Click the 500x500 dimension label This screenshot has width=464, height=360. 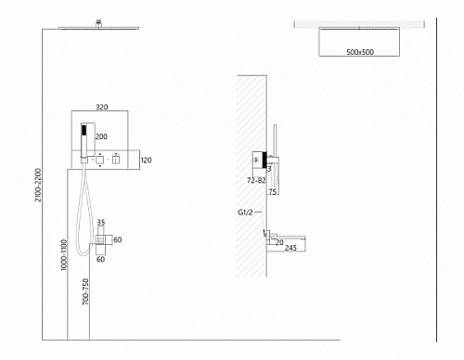coord(360,52)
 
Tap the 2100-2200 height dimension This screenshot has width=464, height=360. coord(38,185)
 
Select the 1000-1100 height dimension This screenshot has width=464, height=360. coord(63,255)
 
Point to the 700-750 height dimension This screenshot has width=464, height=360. coord(85,291)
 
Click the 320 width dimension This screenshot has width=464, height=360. coord(102,107)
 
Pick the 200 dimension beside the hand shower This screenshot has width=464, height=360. coord(101,136)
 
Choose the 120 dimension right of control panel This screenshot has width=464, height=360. coord(147,161)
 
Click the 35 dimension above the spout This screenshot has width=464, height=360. coord(101,222)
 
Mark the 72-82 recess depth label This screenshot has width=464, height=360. coord(256,180)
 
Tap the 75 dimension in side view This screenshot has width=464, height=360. coord(273,192)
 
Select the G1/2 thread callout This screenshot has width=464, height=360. coord(245,212)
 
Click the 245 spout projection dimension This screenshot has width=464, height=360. coord(290,248)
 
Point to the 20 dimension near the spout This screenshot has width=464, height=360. coord(279,242)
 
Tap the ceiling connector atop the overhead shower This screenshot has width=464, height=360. coord(98,24)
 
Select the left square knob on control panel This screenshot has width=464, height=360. coord(99,160)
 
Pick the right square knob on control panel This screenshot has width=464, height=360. coord(116,160)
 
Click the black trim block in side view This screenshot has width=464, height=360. coord(264,160)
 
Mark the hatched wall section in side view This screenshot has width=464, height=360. coord(251,176)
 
